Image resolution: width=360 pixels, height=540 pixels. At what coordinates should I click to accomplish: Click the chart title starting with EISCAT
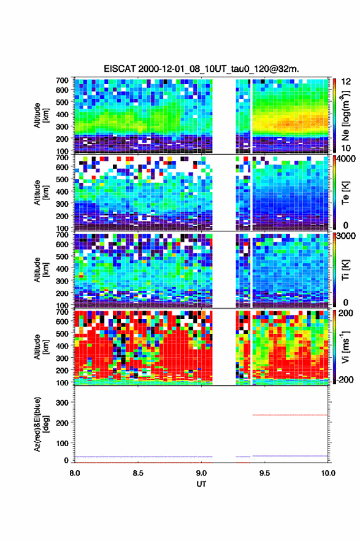(x=201, y=69)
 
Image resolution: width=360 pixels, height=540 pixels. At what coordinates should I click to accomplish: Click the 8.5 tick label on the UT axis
(x=137, y=473)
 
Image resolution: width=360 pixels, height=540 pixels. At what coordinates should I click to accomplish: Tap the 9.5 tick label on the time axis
(x=264, y=473)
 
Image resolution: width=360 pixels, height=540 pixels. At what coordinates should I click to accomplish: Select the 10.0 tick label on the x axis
(x=328, y=473)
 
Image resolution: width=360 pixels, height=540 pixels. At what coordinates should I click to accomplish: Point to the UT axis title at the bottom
(x=201, y=484)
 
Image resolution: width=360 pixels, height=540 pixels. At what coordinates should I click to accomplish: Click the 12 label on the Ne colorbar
(x=346, y=82)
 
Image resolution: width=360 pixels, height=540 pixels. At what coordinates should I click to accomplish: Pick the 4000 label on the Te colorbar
(x=346, y=159)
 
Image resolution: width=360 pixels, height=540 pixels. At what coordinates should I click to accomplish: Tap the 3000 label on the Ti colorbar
(x=346, y=236)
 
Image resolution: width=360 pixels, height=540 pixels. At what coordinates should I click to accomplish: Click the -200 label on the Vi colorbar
(x=343, y=379)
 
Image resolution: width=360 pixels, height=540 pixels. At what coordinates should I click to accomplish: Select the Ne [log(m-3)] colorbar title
(x=345, y=115)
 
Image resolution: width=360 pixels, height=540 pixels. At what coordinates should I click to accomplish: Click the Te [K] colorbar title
(x=345, y=193)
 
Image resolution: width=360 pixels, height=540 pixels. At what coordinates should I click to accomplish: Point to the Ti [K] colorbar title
(x=345, y=270)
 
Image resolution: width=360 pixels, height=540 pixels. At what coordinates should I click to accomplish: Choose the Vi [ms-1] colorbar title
(x=345, y=347)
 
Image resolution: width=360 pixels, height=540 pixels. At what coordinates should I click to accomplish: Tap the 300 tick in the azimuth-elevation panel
(x=62, y=403)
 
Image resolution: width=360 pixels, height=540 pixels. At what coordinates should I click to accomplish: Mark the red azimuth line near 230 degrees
(x=290, y=415)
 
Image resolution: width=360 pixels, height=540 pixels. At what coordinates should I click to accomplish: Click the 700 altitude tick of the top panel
(x=62, y=80)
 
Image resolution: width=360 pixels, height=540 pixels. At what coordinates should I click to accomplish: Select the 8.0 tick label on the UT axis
(x=74, y=473)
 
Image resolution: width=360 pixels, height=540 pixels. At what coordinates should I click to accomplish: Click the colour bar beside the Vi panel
(x=334, y=347)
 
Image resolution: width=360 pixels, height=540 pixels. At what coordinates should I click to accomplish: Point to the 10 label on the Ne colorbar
(x=346, y=148)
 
